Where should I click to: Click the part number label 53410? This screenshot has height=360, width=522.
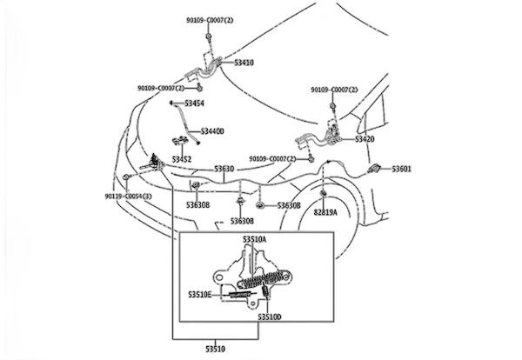coord(244,63)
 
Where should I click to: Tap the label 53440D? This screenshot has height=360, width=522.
coord(212,131)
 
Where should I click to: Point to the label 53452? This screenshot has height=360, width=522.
coord(181,159)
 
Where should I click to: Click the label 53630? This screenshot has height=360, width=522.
coord(224,169)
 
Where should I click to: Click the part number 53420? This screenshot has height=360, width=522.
coord(365,138)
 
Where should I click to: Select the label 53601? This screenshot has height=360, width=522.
coord(402,169)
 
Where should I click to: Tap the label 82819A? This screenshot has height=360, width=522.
coord(326,212)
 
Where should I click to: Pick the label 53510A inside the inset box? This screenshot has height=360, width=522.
coord(255,238)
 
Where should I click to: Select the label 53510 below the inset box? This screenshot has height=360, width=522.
coord(214,349)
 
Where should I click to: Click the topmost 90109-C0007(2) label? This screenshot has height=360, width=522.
coord(210,18)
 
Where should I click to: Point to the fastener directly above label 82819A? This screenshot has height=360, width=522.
coord(323,193)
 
